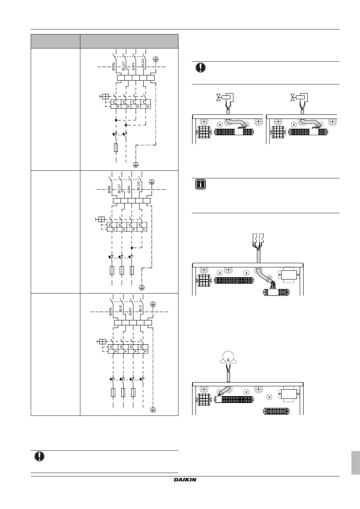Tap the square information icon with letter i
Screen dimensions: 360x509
200,184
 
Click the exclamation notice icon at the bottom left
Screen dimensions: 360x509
39,456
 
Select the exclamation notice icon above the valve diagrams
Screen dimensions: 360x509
200,67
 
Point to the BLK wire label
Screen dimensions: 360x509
121,308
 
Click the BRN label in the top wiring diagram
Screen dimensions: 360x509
114,67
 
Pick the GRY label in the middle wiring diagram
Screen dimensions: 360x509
129,189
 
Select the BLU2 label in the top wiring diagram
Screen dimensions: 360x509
143,63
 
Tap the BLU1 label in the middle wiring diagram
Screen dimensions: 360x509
119,189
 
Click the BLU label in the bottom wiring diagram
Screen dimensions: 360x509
140,308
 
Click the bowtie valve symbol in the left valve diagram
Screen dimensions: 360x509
219,97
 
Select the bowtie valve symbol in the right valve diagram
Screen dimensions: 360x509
293,97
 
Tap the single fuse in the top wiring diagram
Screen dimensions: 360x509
116,147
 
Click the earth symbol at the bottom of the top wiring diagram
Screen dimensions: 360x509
136,165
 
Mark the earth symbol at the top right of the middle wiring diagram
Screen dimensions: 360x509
152,181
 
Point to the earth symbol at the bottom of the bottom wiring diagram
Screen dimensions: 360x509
153,410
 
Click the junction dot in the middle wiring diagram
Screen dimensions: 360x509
131,248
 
